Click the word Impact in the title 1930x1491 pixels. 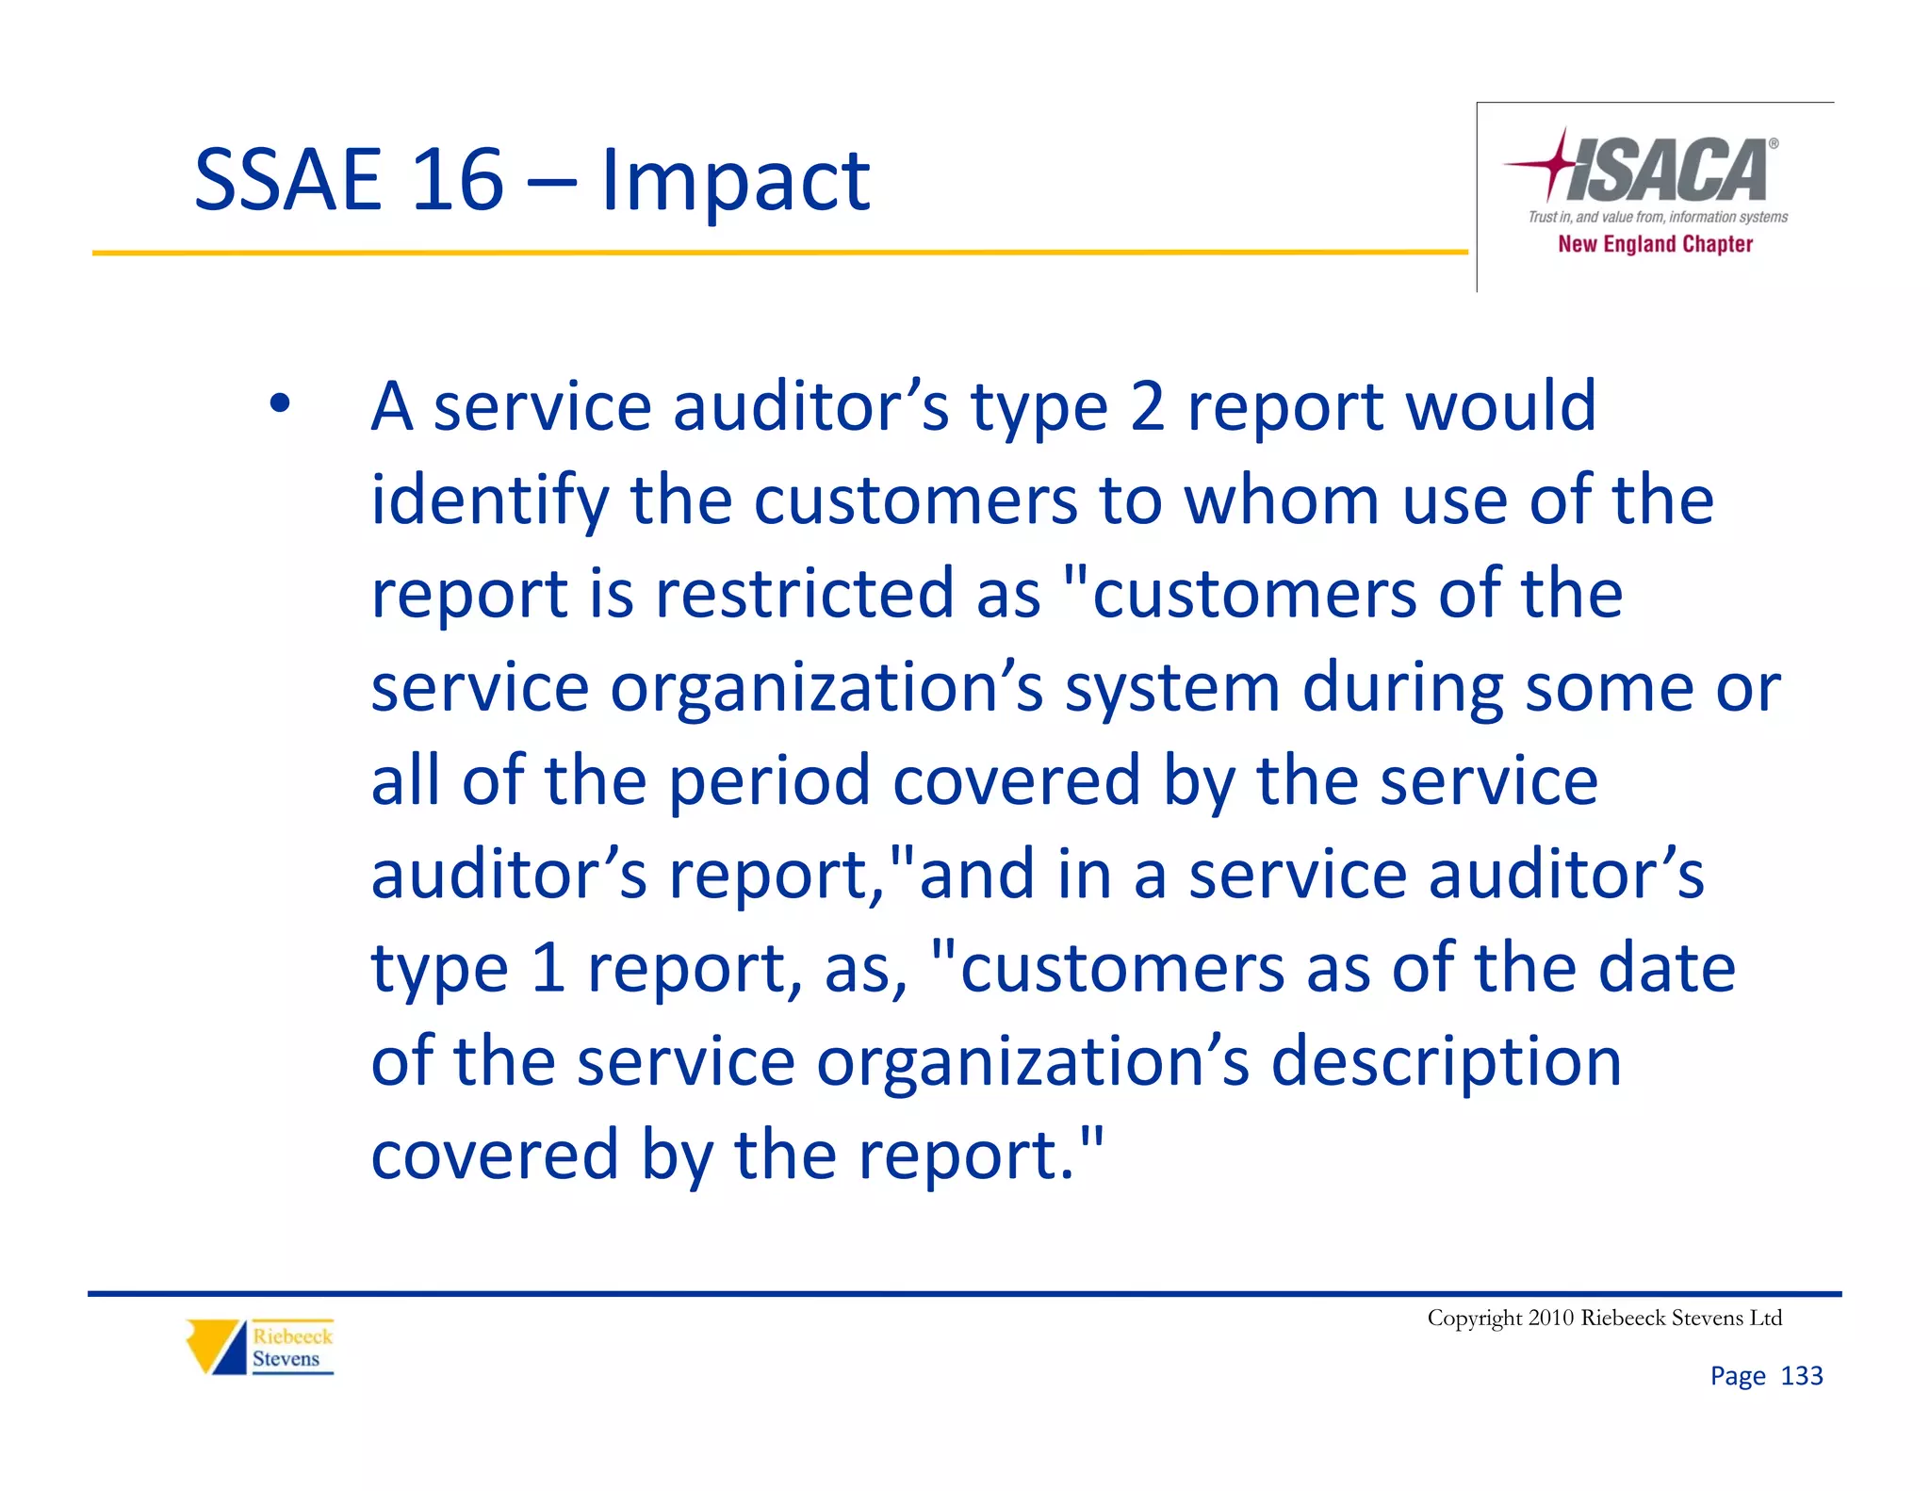point(735,181)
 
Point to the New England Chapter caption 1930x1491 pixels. point(1655,244)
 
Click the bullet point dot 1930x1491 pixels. point(279,404)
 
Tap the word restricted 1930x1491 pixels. point(805,594)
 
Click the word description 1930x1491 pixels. point(1446,1062)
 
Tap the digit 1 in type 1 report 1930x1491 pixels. point(548,968)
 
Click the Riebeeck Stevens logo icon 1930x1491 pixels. point(216,1347)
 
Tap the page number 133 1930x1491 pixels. point(1801,1376)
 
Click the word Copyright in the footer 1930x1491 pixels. point(1474,1318)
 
